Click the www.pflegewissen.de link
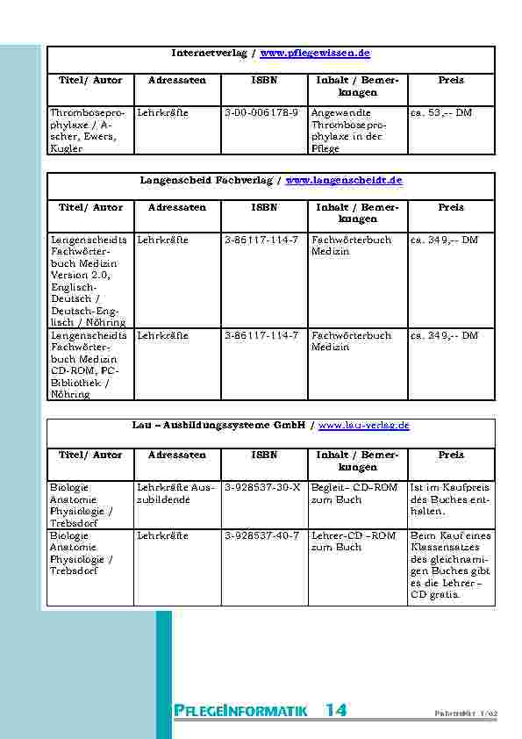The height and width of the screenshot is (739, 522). [316, 54]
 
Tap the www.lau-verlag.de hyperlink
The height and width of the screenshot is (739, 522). [363, 426]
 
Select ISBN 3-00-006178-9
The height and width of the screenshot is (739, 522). [261, 113]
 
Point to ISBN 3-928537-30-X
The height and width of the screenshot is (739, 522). [261, 487]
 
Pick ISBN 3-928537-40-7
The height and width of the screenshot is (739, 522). [261, 535]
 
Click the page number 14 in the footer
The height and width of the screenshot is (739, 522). [335, 711]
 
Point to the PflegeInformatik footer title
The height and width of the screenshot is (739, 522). [240, 711]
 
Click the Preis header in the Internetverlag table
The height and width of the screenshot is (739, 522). [451, 80]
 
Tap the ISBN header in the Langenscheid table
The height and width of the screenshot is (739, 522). [264, 207]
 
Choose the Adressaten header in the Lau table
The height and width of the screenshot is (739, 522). [177, 455]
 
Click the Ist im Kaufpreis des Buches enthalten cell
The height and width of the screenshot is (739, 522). [451, 499]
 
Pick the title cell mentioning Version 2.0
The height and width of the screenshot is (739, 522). [89, 281]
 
